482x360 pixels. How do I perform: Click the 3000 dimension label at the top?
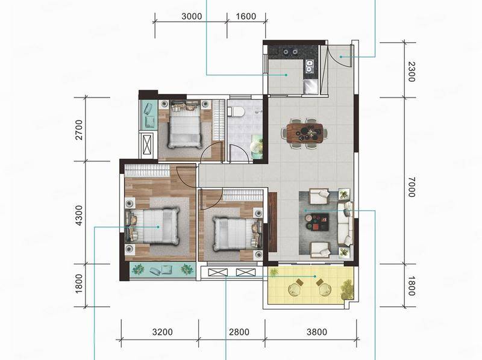(x=192, y=16)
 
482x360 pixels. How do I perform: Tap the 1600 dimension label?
(x=246, y=16)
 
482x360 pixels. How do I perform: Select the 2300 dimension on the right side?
(x=412, y=72)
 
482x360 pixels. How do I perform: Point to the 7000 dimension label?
(x=412, y=187)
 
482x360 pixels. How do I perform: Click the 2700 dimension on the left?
(x=79, y=129)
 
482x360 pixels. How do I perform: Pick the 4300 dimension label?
(x=79, y=216)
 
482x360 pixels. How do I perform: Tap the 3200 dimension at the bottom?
(x=162, y=332)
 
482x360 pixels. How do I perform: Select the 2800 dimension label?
(x=239, y=332)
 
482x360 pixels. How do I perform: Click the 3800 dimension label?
(x=317, y=332)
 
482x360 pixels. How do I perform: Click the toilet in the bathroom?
(x=236, y=111)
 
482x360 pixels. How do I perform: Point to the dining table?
(x=305, y=133)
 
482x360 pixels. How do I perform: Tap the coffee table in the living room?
(x=317, y=222)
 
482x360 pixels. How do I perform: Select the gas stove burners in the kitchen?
(x=290, y=52)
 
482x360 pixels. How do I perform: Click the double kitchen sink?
(x=309, y=66)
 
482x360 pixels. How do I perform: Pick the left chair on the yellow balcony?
(x=296, y=287)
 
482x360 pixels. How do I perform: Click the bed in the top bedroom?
(x=184, y=125)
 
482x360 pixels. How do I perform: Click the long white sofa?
(x=345, y=224)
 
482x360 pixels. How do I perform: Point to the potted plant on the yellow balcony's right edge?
(x=346, y=289)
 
